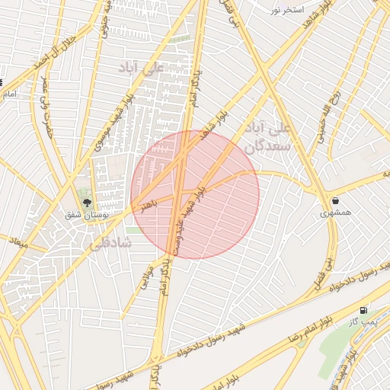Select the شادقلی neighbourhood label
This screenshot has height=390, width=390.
(x=111, y=244)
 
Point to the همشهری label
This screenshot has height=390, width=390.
(x=336, y=214)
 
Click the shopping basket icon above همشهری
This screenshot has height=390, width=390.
(x=335, y=201)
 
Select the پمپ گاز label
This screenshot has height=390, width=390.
(x=365, y=323)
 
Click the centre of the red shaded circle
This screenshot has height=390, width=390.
(x=195, y=194)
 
